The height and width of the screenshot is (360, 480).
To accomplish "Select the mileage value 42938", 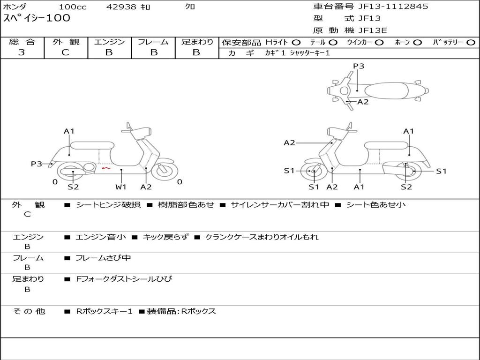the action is [121, 7].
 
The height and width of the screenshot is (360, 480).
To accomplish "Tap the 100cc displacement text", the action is [73, 7].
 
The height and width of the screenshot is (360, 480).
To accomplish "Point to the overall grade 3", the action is [22, 52].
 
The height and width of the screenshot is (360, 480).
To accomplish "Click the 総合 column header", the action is [22, 42].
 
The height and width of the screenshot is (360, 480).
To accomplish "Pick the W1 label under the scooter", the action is [121, 187].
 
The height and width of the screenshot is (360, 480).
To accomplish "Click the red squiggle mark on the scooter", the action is [106, 168].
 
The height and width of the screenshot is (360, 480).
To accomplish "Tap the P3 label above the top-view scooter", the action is [359, 66].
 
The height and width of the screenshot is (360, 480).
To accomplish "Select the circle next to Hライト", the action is [296, 43].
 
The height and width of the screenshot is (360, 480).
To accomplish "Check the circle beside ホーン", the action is [417, 43].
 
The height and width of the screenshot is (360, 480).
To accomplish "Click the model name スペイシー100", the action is [37, 18].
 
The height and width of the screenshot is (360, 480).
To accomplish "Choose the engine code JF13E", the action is [373, 30].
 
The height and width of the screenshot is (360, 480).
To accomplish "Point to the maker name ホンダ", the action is [15, 7].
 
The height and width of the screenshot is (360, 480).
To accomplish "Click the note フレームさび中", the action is [103, 258].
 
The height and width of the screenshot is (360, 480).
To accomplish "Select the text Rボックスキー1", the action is [104, 311].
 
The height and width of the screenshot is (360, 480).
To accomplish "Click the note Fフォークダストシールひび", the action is [124, 279].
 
